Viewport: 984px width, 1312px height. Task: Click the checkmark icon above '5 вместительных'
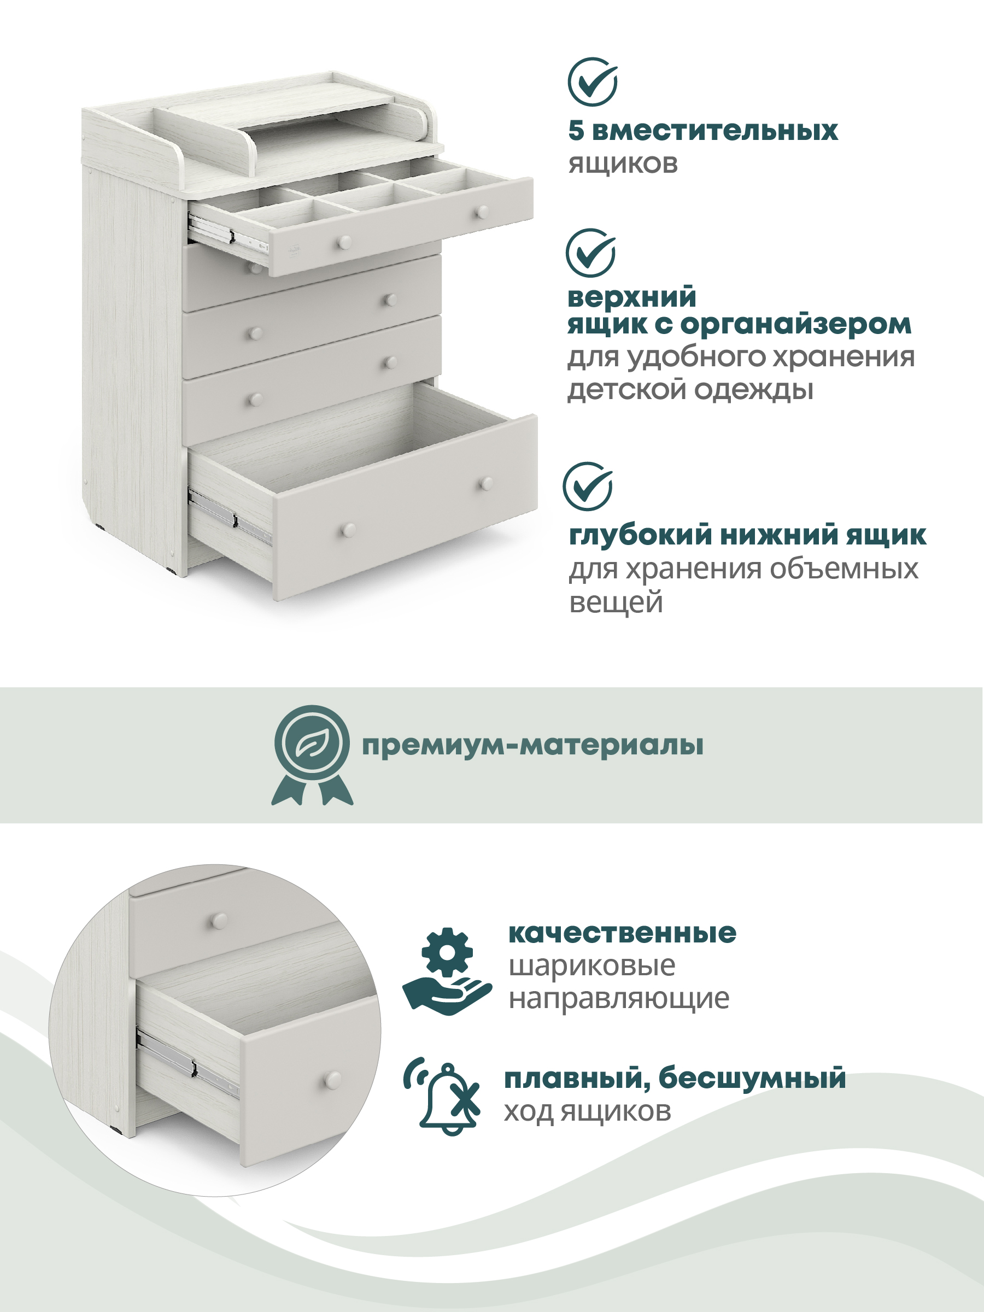click(x=593, y=82)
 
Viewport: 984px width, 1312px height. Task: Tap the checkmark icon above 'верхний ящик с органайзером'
click(x=590, y=253)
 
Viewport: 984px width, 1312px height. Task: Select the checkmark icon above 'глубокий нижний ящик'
click(x=588, y=487)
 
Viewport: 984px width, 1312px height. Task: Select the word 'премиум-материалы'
click(x=532, y=746)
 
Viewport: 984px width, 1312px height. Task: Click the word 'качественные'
click(x=622, y=934)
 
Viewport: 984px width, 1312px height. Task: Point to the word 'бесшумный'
click(x=752, y=1077)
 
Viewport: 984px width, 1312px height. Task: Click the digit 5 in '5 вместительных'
click(x=575, y=131)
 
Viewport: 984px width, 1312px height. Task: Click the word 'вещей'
click(x=616, y=602)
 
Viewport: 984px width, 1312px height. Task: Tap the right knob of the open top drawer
click(x=483, y=212)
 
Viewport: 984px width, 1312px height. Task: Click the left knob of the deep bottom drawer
click(x=348, y=529)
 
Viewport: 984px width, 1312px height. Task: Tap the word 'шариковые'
click(x=592, y=966)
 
